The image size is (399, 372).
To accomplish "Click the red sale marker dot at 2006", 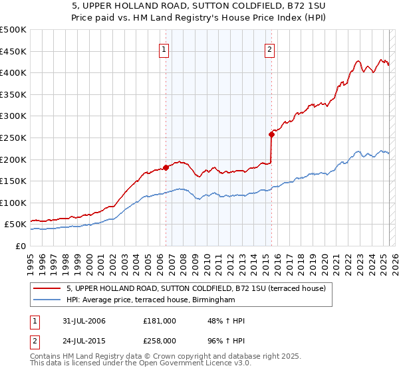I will pos(166,167).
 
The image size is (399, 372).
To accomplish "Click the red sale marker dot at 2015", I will pos(271,134).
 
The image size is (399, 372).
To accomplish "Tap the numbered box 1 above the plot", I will pos(164,48).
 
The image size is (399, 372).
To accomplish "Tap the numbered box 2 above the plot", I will pos(269,48).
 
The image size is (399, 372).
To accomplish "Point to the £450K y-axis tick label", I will pos(13,52).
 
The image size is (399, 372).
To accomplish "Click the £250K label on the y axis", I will pos(13,138).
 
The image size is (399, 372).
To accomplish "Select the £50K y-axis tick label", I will pos(16,225).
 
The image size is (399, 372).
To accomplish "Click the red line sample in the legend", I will pos(47,289).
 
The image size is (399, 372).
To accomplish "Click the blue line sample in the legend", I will pos(47,300).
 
